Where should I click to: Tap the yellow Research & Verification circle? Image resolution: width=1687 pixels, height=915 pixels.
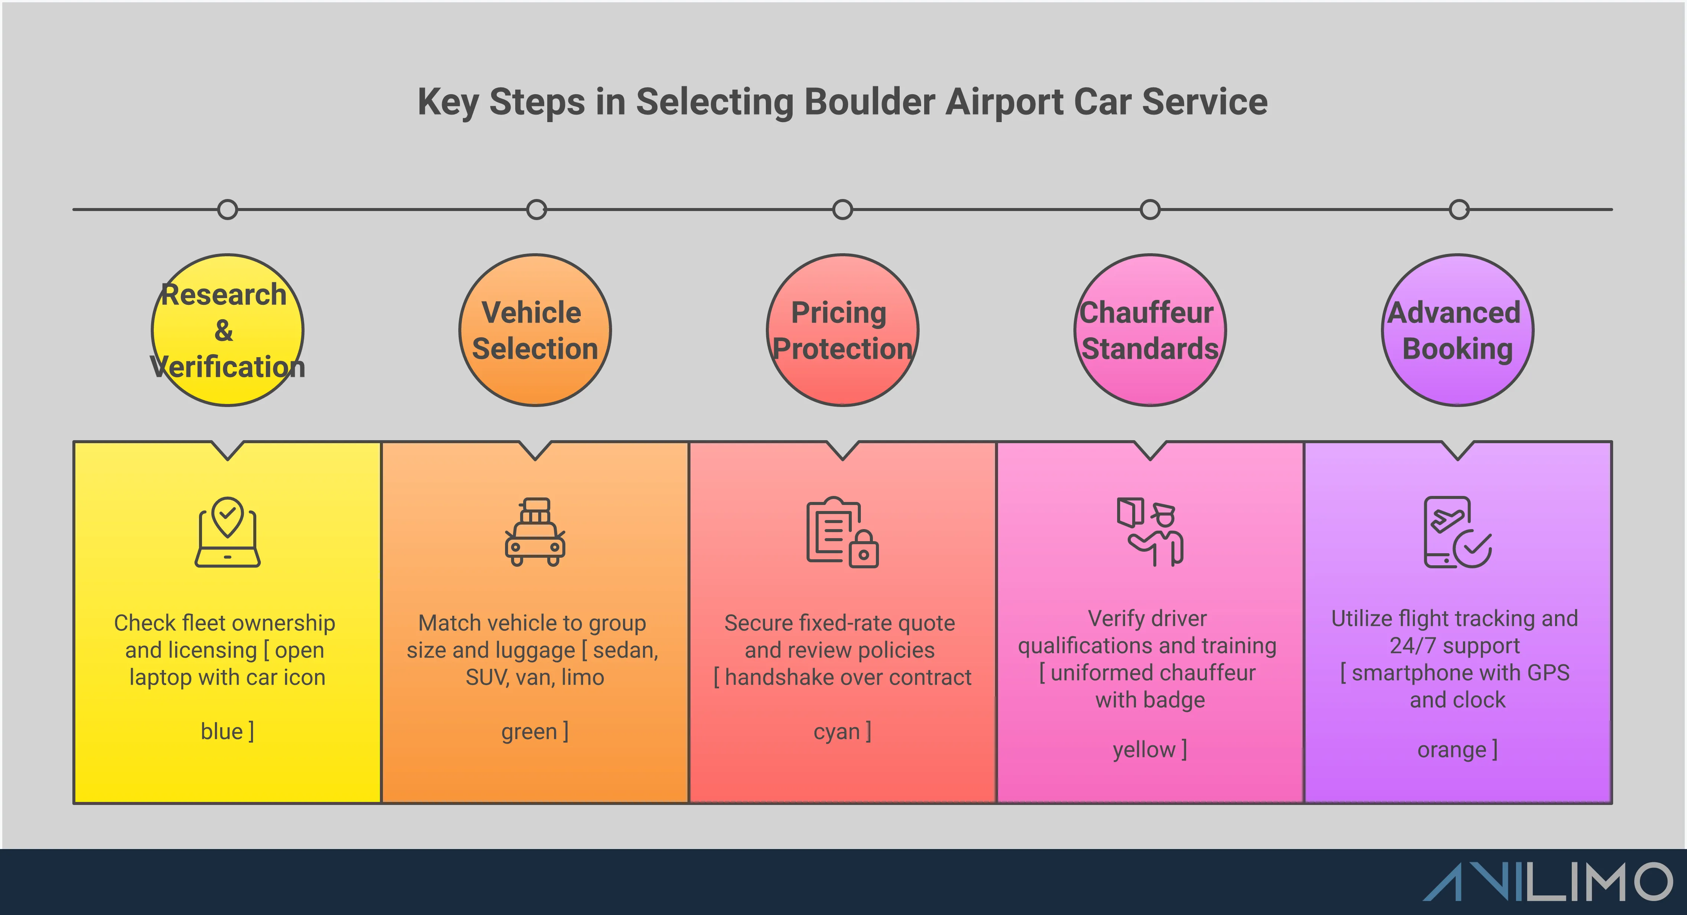(227, 330)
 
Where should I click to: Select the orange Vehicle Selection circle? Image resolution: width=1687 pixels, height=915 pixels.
(535, 330)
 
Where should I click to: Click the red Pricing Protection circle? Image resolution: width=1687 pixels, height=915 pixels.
(842, 330)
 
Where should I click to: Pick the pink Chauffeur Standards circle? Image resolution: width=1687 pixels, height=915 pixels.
(1150, 330)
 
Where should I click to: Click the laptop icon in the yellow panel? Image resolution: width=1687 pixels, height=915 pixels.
(227, 532)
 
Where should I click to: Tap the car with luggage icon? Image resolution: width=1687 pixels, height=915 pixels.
(535, 532)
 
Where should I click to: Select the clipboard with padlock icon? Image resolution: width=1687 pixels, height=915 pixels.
(842, 532)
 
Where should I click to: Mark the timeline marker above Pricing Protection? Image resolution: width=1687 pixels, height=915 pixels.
(842, 210)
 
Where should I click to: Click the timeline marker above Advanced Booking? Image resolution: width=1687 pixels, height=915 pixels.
(1459, 210)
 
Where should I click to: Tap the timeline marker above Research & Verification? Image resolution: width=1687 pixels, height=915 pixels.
(227, 210)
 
